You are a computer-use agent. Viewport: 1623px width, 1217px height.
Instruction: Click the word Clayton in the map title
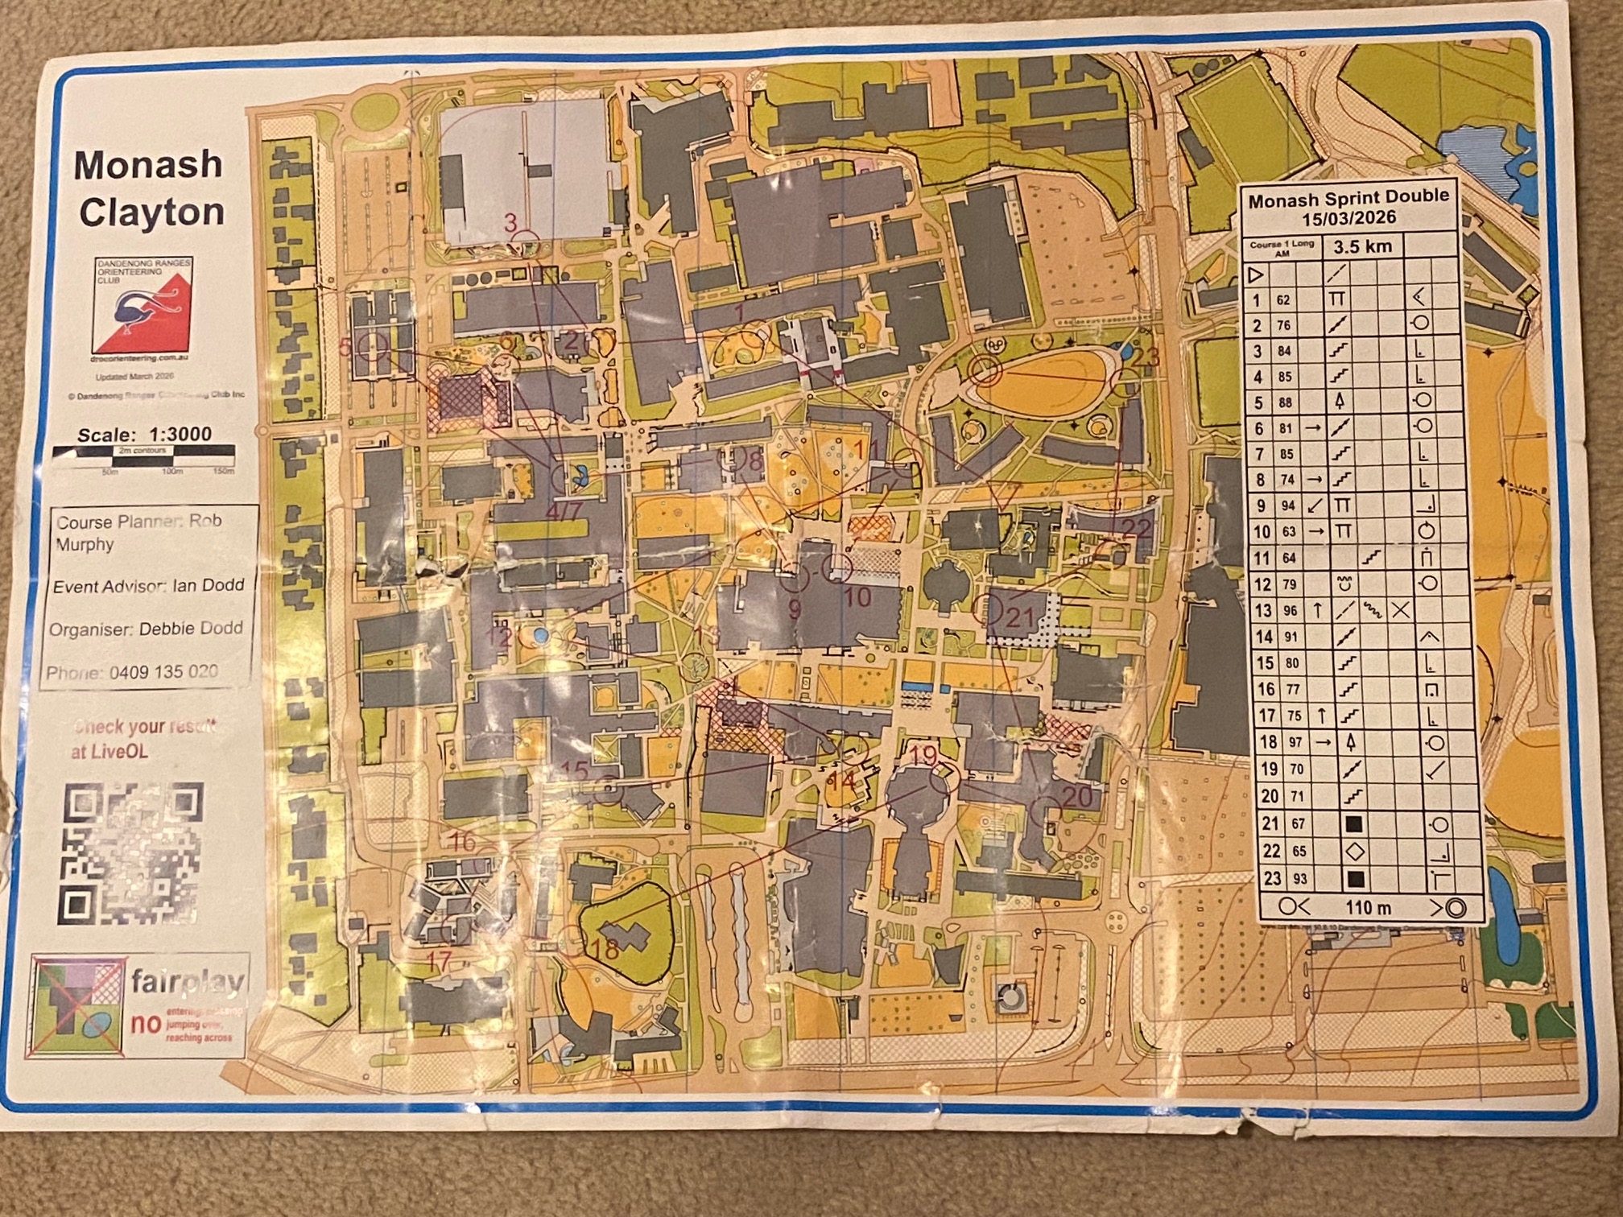[x=152, y=213]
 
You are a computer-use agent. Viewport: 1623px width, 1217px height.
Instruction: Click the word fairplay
[x=188, y=982]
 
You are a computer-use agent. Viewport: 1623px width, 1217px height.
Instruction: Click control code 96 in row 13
[x=1290, y=611]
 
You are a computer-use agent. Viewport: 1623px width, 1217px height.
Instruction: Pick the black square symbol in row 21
[x=1353, y=824]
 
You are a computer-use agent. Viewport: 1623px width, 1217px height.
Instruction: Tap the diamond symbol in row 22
[x=1354, y=851]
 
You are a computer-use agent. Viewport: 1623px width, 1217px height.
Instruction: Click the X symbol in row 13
[x=1401, y=611]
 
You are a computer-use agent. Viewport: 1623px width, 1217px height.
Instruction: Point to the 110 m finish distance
[x=1368, y=908]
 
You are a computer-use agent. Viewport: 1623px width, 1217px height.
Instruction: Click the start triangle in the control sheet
[x=1255, y=275]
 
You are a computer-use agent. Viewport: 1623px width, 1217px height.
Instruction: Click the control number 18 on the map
[x=605, y=950]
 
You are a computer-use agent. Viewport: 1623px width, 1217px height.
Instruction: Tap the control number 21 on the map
[x=1019, y=618]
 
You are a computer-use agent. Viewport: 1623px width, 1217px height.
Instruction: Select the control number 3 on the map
[x=510, y=223]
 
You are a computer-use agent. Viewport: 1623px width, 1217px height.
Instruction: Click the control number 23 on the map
[x=1146, y=356]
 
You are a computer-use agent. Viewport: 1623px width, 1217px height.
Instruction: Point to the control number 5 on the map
[x=345, y=347]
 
